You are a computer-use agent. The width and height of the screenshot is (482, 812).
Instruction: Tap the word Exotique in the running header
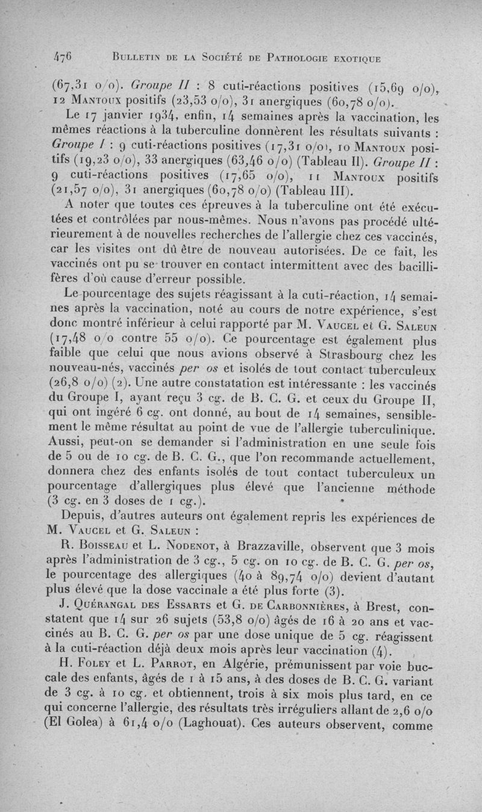point(354,58)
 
